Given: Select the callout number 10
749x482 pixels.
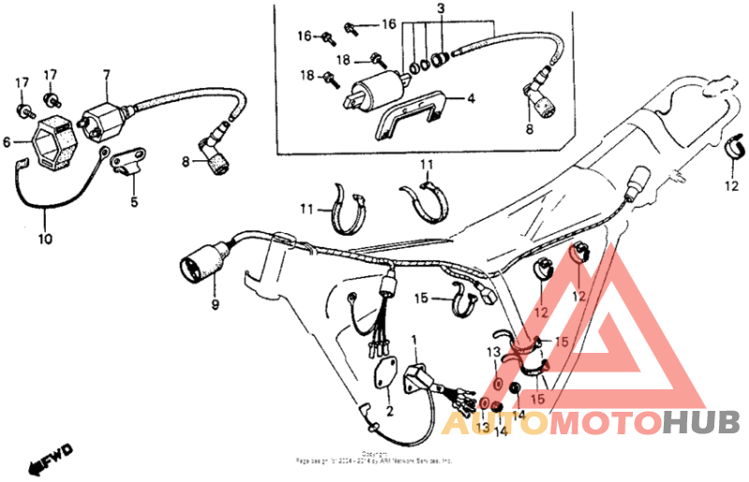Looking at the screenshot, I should coord(45,239).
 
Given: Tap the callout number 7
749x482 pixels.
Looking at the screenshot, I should coord(107,74).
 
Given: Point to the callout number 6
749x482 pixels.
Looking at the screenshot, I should coord(7,142).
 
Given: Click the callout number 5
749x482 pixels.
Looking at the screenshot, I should coord(134,201).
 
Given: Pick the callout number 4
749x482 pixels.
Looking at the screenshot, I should coord(471,97).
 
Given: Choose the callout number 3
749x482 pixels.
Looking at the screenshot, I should coord(440,7).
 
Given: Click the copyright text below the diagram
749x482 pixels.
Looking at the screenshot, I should coord(374,459).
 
